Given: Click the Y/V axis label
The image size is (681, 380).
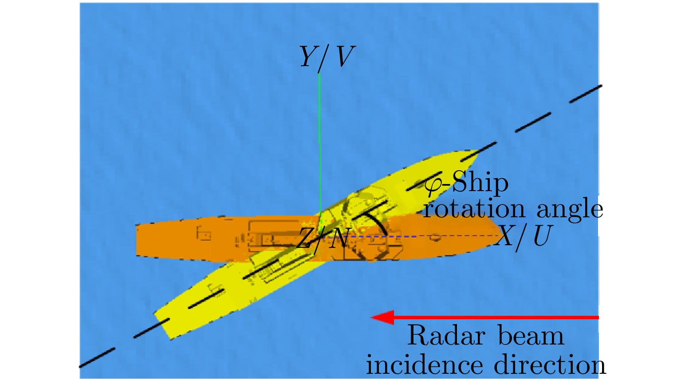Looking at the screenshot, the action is coord(327,58).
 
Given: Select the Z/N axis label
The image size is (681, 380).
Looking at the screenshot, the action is coord(322,239).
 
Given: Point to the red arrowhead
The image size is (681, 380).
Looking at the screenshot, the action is coord(383,317).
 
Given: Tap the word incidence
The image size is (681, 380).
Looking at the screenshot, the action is coord(425,364).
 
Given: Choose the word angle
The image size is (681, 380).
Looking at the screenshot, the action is coord(570,210).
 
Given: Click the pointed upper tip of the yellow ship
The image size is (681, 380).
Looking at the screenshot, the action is coord(478,151).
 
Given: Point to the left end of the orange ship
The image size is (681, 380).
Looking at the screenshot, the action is coord(137,240).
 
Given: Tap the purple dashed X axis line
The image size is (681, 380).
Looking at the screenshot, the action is coord(413,236).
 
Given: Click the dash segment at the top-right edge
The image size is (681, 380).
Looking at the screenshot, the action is coord(586,94).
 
